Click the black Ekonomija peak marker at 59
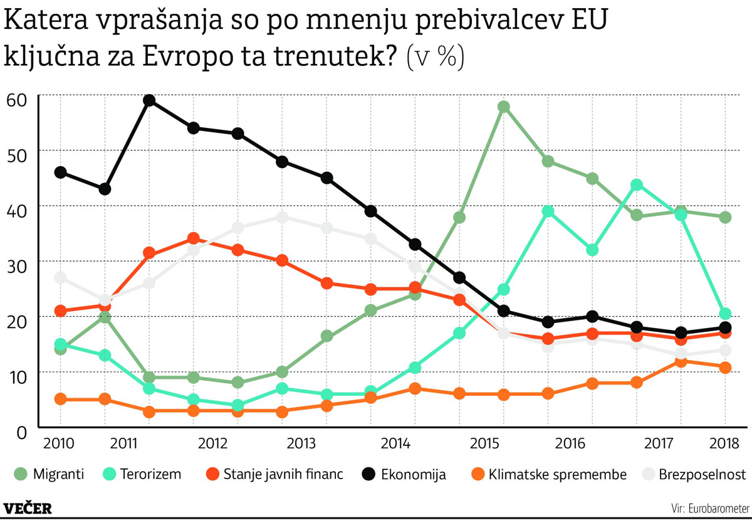pos(149,100)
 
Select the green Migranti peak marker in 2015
pos(504,107)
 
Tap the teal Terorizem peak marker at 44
pos(637,184)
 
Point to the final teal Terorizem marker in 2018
pos(725,314)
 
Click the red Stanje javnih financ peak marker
pos(194,238)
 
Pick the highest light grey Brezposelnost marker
pos(282,217)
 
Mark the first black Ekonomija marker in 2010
pos(61,172)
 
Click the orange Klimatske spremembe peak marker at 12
pos(681,361)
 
